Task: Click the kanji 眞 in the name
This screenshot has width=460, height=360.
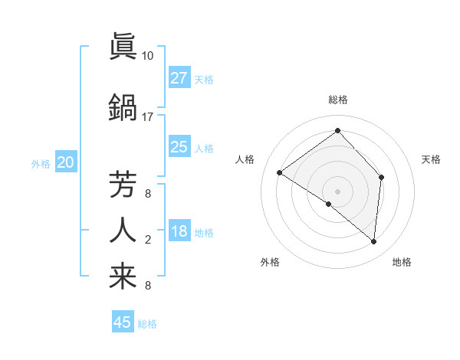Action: [123, 47]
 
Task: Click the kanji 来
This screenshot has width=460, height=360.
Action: [123, 277]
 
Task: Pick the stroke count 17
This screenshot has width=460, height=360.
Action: [147, 117]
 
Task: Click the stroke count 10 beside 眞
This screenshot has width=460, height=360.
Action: [147, 56]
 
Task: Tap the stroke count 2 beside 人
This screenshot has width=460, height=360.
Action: [147, 241]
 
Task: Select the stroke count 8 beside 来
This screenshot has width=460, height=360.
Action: [147, 286]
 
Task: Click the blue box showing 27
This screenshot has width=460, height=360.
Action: [179, 78]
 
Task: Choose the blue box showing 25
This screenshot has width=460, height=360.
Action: [179, 147]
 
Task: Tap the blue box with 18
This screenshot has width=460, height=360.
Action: [179, 232]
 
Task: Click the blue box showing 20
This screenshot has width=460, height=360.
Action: [66, 162]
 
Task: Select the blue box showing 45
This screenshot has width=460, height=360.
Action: [123, 322]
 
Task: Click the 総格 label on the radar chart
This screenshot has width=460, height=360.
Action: [337, 100]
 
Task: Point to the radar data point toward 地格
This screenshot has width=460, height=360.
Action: [374, 241]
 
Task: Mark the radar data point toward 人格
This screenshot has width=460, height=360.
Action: [280, 173]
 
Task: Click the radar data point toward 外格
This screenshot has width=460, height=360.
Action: [329, 204]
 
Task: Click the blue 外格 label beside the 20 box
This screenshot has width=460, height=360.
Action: [41, 163]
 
